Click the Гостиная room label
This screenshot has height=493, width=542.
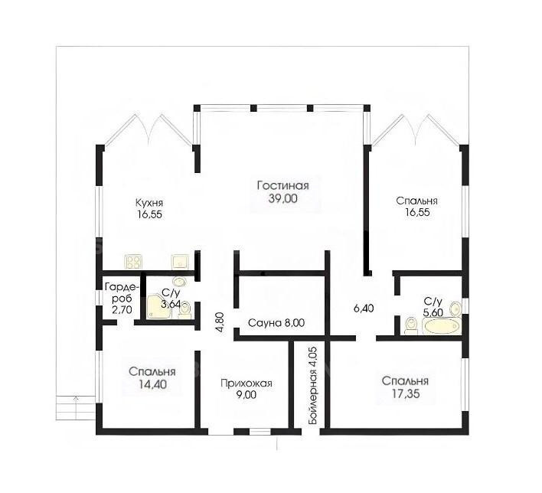282,186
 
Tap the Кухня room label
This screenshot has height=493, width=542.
149,202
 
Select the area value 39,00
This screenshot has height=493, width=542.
282,199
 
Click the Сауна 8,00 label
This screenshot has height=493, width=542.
276,323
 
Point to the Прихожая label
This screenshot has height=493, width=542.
246,383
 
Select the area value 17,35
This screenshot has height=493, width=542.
405,393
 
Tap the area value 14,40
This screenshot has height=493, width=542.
152,384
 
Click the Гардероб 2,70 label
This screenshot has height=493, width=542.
122,298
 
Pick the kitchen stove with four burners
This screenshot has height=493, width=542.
134,262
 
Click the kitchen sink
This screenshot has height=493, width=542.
180,262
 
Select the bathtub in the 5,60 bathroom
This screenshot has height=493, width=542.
441,326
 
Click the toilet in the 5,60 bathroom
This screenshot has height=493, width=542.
411,326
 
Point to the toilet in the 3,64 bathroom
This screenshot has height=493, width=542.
185,310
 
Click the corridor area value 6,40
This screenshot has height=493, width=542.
364,308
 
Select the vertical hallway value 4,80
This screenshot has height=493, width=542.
220,322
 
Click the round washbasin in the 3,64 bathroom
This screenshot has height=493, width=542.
180,282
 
